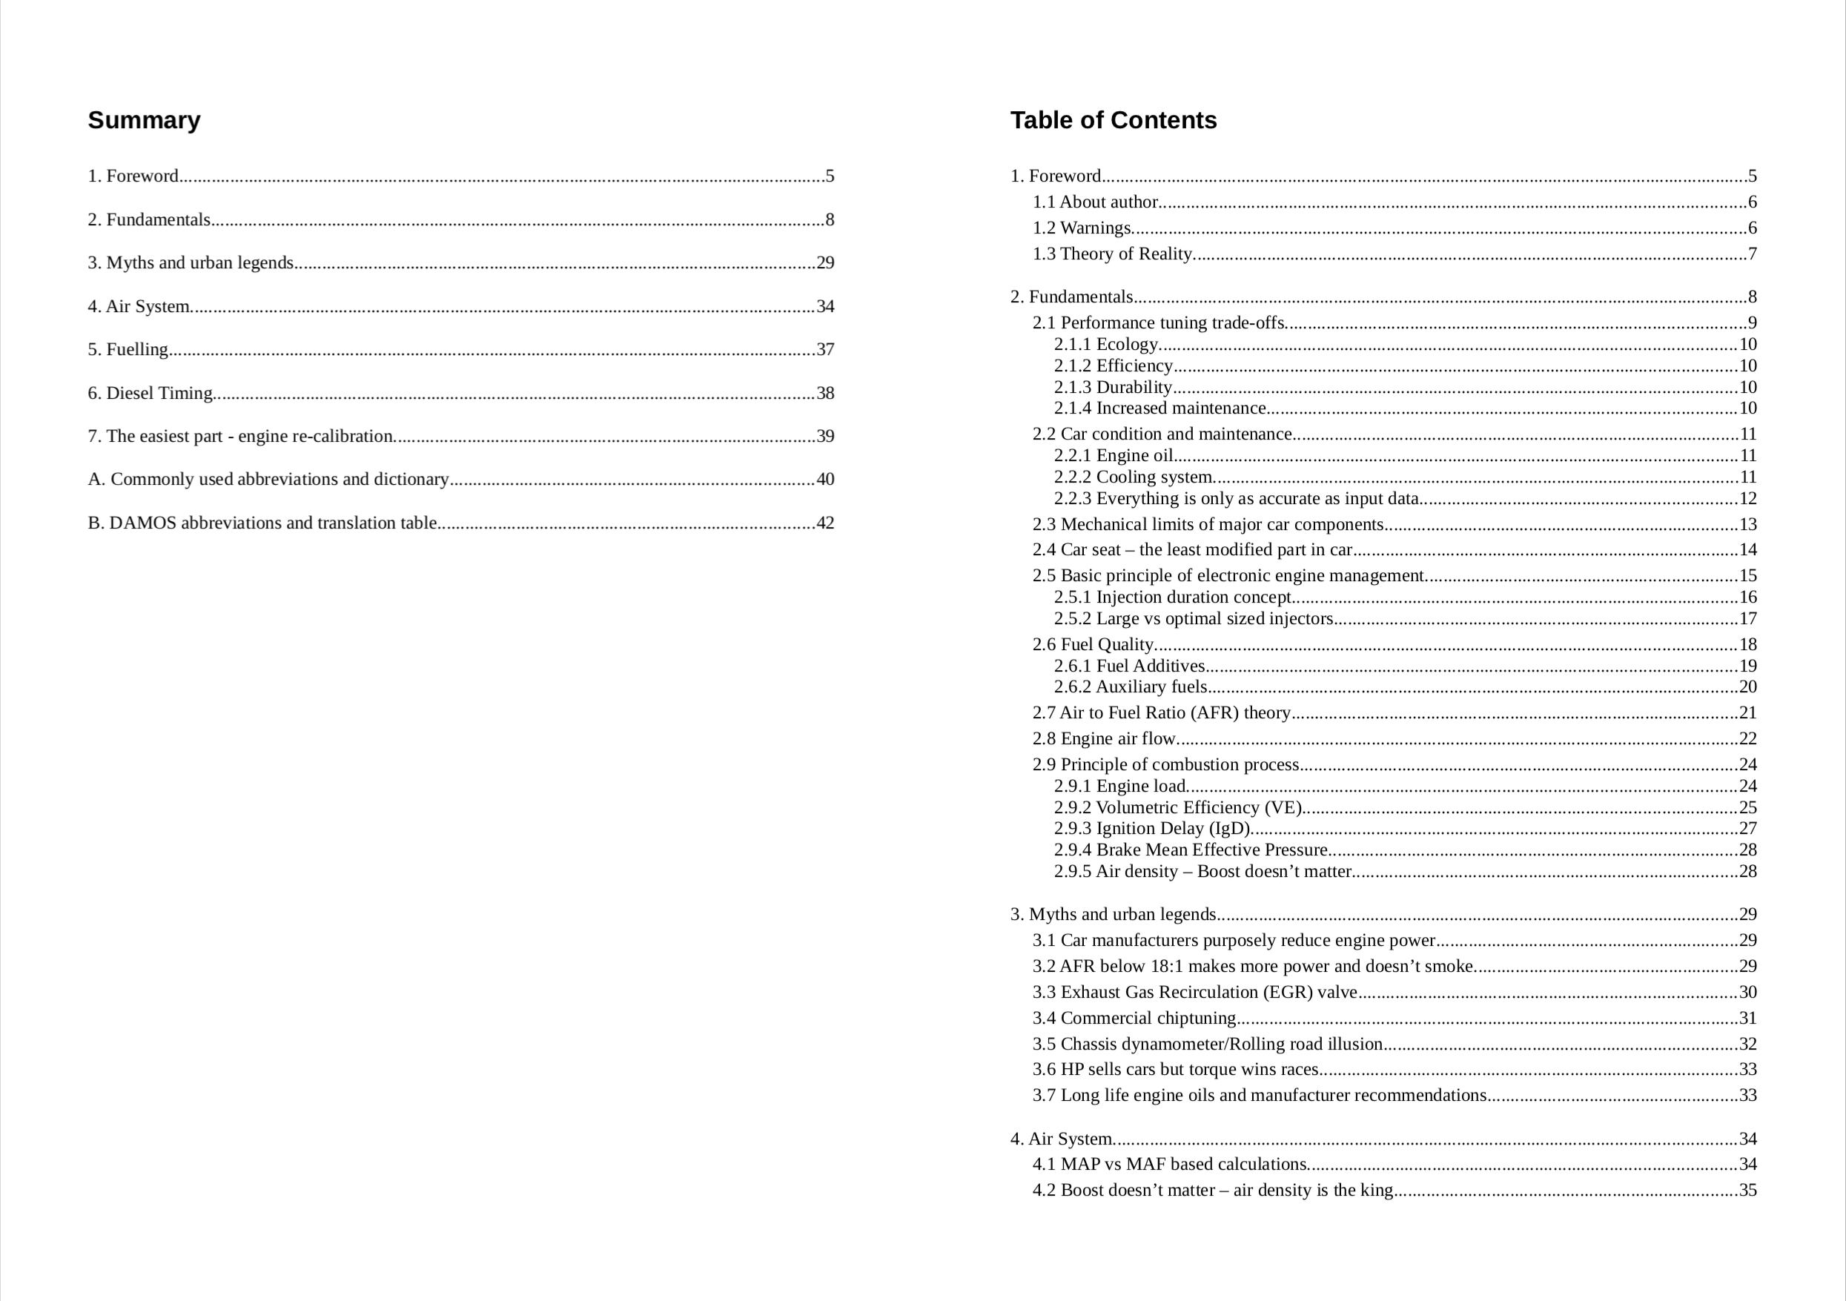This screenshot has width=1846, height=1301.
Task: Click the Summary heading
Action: point(144,121)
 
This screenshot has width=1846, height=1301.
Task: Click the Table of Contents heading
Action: point(1113,121)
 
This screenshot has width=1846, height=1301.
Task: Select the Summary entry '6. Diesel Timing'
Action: point(150,393)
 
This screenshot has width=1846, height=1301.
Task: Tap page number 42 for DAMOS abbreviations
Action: point(825,523)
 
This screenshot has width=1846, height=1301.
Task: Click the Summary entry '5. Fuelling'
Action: point(128,350)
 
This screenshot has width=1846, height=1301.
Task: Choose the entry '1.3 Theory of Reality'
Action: point(1111,254)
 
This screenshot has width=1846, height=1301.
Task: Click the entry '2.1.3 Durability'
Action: point(1113,388)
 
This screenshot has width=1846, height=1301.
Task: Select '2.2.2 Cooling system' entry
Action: point(1132,477)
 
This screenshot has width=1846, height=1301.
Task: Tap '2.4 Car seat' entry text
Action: point(1191,550)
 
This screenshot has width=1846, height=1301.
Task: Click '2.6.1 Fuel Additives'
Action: point(1129,666)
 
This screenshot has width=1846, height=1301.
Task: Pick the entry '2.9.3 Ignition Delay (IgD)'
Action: point(1151,829)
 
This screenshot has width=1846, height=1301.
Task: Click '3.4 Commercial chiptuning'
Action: point(1134,1019)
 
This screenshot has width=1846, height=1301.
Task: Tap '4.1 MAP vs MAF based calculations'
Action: point(1169,1165)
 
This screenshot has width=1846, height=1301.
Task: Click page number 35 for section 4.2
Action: point(1748,1191)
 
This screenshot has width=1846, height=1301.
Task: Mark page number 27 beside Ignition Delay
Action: point(1748,829)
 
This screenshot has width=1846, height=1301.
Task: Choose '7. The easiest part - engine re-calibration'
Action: point(239,437)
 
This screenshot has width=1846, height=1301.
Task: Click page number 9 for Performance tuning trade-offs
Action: point(1752,323)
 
